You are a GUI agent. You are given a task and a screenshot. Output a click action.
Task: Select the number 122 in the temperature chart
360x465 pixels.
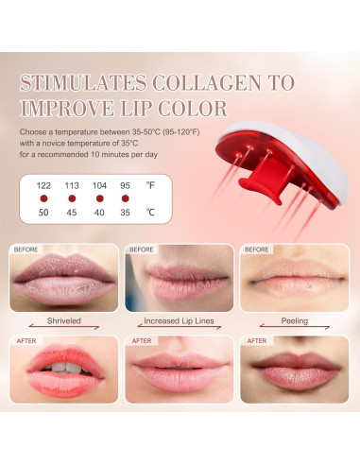click(x=42, y=184)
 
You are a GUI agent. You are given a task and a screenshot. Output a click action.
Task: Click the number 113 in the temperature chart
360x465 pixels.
click(x=71, y=184)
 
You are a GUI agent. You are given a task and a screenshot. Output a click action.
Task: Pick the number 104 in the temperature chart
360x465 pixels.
click(x=99, y=184)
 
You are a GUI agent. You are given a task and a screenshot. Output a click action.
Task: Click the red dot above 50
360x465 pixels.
click(x=42, y=199)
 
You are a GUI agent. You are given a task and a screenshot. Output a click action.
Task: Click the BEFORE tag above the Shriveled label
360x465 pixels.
click(x=26, y=250)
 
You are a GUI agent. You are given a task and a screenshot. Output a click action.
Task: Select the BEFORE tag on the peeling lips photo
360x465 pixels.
click(x=257, y=250)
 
